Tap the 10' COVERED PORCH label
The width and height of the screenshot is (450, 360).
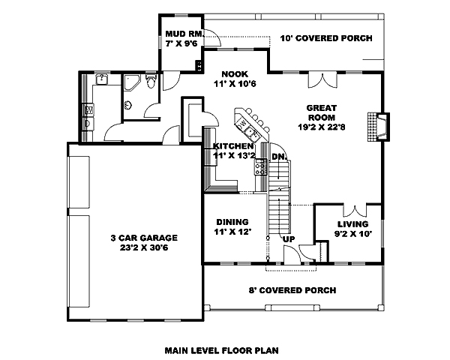(326, 38)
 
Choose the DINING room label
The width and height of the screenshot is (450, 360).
(232, 222)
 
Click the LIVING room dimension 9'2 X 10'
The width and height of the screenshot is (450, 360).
(352, 234)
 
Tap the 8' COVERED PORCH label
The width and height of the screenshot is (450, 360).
(292, 290)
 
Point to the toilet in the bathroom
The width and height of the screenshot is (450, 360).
(152, 83)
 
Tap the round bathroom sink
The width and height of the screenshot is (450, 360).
(103, 79)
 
